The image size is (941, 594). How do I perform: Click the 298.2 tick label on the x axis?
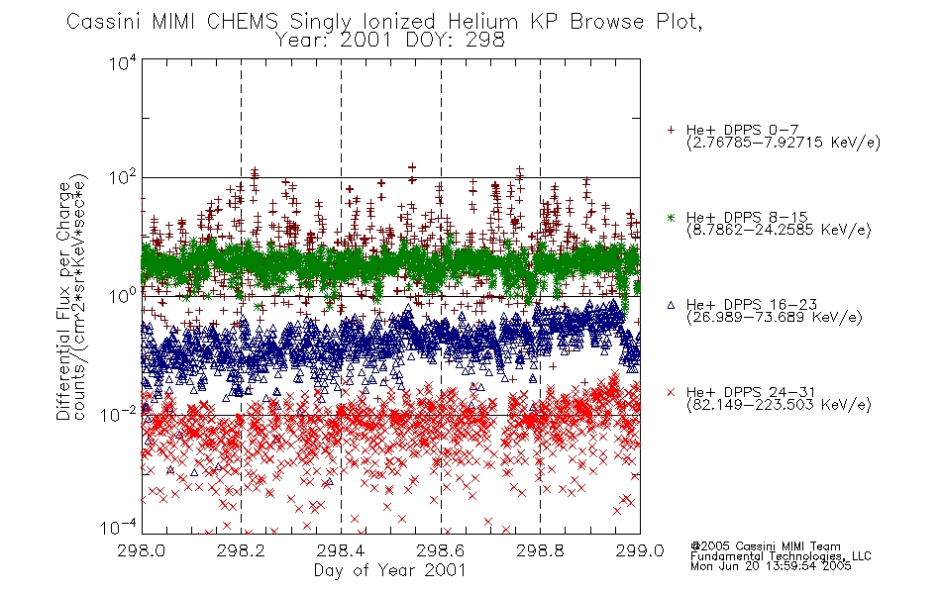[x=241, y=550]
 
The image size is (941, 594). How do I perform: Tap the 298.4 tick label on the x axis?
[x=341, y=550]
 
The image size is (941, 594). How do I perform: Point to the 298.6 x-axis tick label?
[x=441, y=550]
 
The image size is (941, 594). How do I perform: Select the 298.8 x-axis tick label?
[x=540, y=550]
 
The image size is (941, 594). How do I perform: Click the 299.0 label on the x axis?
[x=640, y=550]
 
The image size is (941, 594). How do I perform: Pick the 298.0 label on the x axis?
[x=141, y=550]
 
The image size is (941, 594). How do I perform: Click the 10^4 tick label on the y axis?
[x=123, y=62]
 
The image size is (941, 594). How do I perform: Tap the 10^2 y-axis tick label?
[x=123, y=177]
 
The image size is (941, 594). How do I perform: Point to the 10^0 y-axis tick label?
[x=123, y=296]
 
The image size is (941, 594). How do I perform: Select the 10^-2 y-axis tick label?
[x=118, y=414]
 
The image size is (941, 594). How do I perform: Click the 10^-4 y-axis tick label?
[x=118, y=528]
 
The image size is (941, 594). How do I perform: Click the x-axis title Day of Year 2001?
[x=390, y=570]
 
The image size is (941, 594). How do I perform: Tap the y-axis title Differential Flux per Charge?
[x=63, y=301]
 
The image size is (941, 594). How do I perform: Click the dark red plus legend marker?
[x=671, y=130]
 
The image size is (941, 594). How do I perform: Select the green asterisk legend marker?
[x=671, y=217]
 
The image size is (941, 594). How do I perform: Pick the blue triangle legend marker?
[x=671, y=305]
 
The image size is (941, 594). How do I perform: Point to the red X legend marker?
[x=671, y=392]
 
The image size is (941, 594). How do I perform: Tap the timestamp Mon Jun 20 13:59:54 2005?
[x=771, y=566]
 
